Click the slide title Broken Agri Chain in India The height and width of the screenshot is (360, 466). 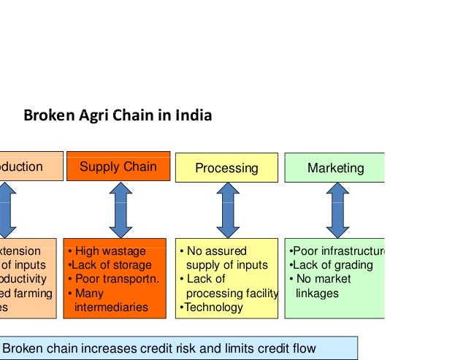118,115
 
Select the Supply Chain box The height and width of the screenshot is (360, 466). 118,166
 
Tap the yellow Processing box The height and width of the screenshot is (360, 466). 226,168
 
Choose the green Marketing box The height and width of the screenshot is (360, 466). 335,168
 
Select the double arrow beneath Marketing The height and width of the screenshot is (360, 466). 336,209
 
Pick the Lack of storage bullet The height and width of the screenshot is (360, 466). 110,265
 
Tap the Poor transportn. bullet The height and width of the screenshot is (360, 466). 112,279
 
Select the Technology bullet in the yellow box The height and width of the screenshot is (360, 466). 212,307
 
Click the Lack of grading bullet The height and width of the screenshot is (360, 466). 332,265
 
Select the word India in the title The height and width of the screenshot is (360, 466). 196,115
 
